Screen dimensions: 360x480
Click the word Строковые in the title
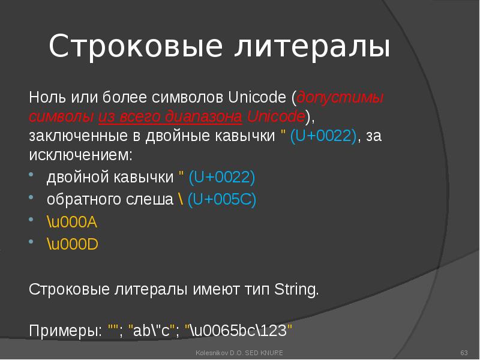[x=120, y=46]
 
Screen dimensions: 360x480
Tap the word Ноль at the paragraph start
[x=44, y=97]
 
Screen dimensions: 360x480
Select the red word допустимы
[x=341, y=97]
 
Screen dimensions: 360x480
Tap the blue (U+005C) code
[x=221, y=200]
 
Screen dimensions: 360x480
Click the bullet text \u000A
[x=72, y=223]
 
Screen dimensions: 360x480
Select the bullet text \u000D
[x=73, y=245]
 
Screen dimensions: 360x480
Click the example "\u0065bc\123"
[x=239, y=331]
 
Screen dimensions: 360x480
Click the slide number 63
[x=463, y=352]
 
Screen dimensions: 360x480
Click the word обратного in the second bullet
[x=81, y=200]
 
